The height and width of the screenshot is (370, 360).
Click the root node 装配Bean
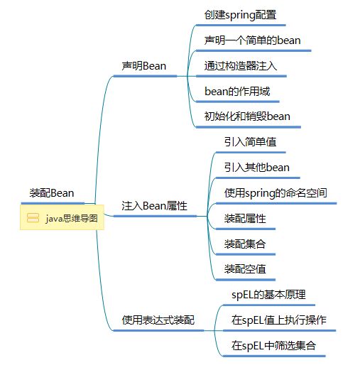click(x=52, y=193)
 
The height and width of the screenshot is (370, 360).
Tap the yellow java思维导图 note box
click(x=62, y=217)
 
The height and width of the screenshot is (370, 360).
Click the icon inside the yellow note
click(x=33, y=218)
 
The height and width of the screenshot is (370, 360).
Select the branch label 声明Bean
click(x=144, y=66)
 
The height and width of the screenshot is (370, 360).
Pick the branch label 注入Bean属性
click(x=154, y=206)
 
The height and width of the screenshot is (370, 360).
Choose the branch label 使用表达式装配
click(x=158, y=320)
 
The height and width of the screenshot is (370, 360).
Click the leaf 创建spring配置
click(x=240, y=15)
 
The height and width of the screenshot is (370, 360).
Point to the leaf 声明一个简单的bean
click(x=252, y=40)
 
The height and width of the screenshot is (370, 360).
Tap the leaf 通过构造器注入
click(x=241, y=66)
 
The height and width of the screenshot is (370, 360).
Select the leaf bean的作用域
click(x=237, y=92)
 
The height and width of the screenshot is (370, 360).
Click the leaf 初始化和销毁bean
click(x=247, y=116)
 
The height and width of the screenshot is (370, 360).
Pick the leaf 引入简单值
click(x=250, y=142)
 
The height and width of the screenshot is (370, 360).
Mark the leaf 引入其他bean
click(x=257, y=168)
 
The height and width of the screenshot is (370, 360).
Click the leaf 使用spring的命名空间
click(x=276, y=193)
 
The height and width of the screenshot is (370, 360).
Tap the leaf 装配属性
click(x=245, y=218)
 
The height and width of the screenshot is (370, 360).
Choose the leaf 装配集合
click(x=245, y=244)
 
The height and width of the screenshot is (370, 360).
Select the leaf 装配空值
click(x=245, y=269)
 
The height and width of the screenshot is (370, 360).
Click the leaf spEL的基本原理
click(x=268, y=295)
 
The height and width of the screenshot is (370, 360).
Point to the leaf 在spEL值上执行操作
click(x=279, y=320)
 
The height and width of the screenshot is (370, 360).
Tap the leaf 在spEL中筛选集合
click(x=273, y=346)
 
